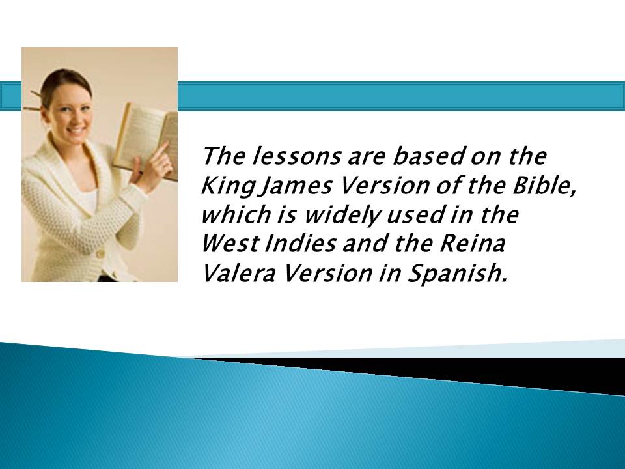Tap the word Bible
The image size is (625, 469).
(544, 186)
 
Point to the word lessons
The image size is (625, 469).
(296, 156)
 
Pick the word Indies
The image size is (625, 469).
(299, 243)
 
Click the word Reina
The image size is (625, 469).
(473, 243)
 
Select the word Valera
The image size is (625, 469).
(239, 273)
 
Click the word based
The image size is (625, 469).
(428, 156)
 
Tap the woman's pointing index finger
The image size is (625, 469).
(161, 150)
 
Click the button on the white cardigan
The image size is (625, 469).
(100, 253)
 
